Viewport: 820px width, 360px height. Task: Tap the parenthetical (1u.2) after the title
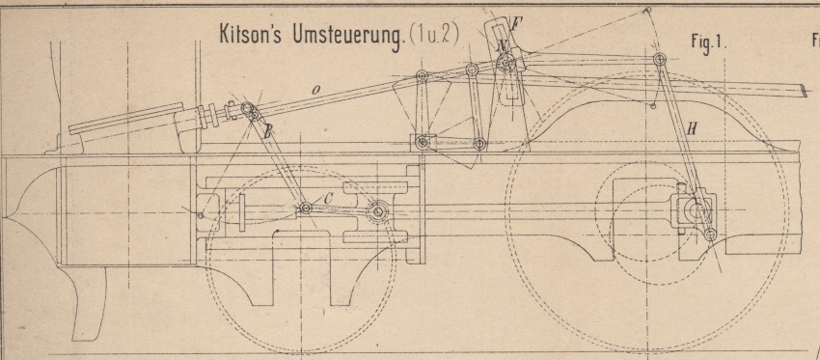pyautogui.click(x=434, y=36)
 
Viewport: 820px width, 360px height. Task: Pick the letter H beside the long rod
pyautogui.click(x=691, y=129)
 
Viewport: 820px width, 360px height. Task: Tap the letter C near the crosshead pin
pyautogui.click(x=328, y=198)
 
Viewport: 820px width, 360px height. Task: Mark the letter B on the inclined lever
pyautogui.click(x=267, y=132)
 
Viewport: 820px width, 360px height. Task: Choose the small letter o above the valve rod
pyautogui.click(x=315, y=91)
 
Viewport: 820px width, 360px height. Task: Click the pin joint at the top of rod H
pyautogui.click(x=660, y=59)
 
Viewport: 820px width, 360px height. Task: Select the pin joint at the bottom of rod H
pyautogui.click(x=710, y=235)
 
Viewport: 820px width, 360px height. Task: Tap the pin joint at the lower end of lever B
pyautogui.click(x=306, y=208)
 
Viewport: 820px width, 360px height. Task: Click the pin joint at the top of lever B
pyautogui.click(x=247, y=108)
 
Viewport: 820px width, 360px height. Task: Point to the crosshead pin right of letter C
pyautogui.click(x=377, y=212)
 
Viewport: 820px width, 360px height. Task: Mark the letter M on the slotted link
pyautogui.click(x=503, y=47)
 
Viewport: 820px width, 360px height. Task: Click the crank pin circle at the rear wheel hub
pyautogui.click(x=697, y=210)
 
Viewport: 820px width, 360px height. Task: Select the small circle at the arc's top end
pyautogui.click(x=647, y=10)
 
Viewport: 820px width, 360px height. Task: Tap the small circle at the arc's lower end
pyautogui.click(x=653, y=106)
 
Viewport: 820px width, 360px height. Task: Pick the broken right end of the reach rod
pyautogui.click(x=803, y=91)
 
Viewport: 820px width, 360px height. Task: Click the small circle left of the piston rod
pyautogui.click(x=201, y=215)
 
